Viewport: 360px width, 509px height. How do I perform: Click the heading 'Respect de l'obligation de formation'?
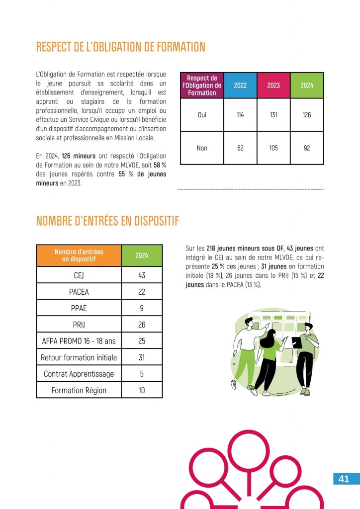121,47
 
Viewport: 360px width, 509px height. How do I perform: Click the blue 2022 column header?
240,85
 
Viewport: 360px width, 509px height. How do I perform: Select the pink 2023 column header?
273,85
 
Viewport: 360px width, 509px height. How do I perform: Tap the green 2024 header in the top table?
307,85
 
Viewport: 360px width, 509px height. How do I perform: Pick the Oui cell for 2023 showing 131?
273,115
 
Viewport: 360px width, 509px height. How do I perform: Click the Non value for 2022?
240,148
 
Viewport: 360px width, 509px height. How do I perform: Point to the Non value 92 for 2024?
307,148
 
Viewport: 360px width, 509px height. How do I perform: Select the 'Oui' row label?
202,115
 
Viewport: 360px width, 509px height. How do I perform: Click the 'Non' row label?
202,148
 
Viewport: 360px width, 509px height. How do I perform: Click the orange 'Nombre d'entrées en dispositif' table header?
79,255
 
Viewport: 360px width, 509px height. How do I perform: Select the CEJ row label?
79,275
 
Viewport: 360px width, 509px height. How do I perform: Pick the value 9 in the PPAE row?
142,308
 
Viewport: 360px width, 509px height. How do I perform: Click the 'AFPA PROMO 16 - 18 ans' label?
79,341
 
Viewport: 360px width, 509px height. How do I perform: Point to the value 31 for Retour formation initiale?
142,357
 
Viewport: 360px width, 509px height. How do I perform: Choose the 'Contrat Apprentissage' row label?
79,374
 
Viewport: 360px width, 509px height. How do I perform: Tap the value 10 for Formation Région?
142,390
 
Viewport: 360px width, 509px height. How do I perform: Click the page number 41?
344,479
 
